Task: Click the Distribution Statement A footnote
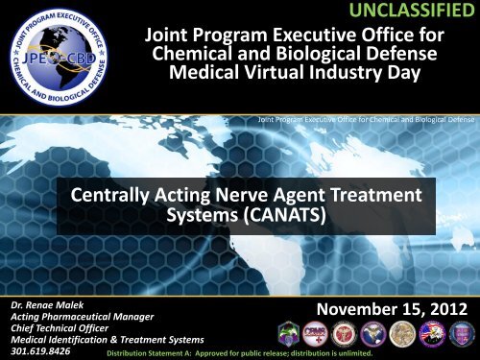pos(238,352)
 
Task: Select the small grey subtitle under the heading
pos(363,120)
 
